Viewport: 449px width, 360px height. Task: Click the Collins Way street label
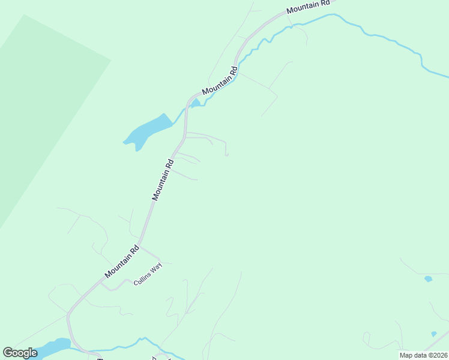(x=148, y=275)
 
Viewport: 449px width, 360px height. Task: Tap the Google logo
(x=20, y=353)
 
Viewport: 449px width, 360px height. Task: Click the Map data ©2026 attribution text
(x=423, y=355)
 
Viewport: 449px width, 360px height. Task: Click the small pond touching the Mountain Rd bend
(x=195, y=103)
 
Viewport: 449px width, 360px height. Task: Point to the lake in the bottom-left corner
(x=51, y=349)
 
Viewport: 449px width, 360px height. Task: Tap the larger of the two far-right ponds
(x=428, y=279)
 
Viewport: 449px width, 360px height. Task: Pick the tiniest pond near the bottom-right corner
(x=433, y=334)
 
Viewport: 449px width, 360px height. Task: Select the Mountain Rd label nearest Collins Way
(x=122, y=262)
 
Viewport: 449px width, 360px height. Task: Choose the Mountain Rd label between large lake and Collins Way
(x=163, y=179)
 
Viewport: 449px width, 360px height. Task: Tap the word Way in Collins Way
(x=156, y=268)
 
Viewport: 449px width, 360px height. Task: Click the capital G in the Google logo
(x=8, y=353)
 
